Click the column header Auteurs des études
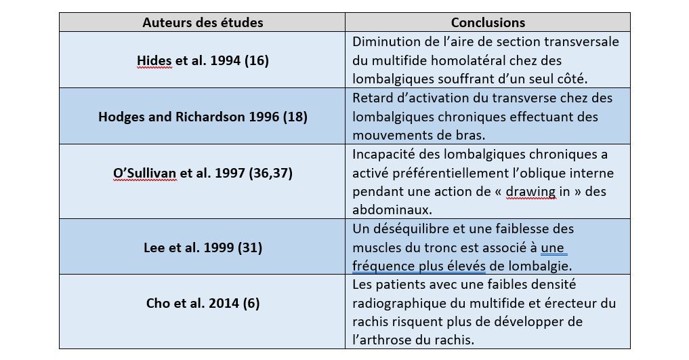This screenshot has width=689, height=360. [x=203, y=22]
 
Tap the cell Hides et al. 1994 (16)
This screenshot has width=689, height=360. [x=203, y=60]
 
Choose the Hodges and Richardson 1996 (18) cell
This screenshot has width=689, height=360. [x=203, y=117]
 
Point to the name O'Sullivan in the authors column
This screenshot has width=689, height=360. [x=145, y=173]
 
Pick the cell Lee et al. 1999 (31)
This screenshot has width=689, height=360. [x=203, y=247]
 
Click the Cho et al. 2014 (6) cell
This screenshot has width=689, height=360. [x=203, y=303]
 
